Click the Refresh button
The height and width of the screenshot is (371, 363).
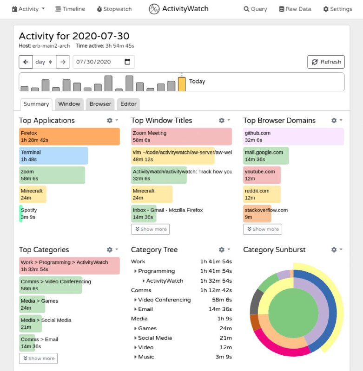326,62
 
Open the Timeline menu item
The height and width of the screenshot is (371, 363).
70,9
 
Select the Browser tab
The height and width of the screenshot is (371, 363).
100,104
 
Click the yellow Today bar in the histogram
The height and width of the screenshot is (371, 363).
182,84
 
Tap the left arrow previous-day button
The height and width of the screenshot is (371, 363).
26,62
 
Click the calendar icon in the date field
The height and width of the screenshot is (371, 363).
127,62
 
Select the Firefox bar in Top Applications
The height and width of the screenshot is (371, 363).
69,136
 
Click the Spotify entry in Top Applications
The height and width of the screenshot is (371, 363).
28,213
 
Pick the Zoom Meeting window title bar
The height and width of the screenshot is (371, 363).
181,136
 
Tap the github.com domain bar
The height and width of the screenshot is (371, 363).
293,136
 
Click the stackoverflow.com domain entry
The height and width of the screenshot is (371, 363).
265,213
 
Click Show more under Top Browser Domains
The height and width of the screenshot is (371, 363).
263,229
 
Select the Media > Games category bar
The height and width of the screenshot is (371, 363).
32,304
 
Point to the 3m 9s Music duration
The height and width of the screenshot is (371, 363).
224,357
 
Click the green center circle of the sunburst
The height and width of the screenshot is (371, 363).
293,313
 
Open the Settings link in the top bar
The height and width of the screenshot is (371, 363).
337,9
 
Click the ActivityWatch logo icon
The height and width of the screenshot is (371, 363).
154,9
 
